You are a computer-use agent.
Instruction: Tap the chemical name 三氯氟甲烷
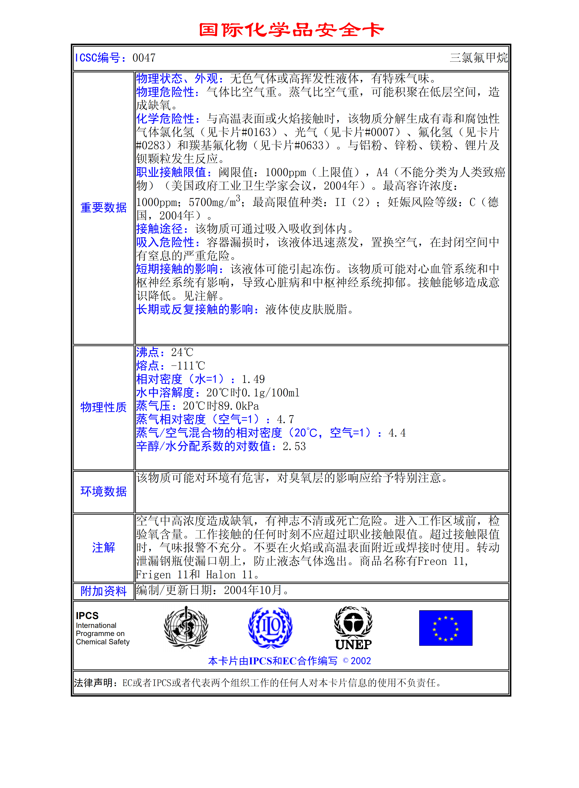[478, 58]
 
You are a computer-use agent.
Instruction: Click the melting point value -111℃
[188, 366]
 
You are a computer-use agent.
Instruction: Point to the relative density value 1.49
[253, 379]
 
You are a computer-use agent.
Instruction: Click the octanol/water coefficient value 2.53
[294, 447]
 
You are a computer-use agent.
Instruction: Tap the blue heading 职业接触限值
[173, 173]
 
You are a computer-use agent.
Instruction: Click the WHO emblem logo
[186, 627]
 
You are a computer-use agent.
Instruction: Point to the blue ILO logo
[270, 627]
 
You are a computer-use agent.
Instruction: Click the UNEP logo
[353, 628]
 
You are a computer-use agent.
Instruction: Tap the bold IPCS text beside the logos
[87, 616]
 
